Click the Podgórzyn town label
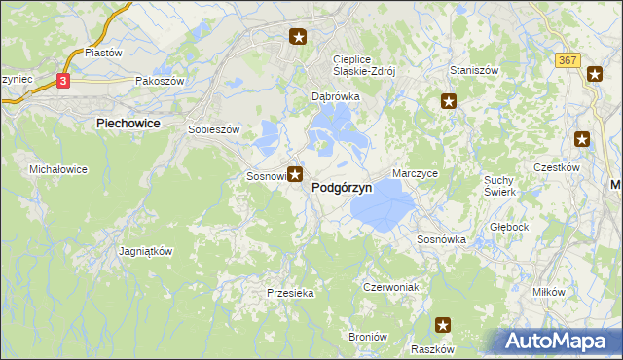pyautogui.click(x=341, y=190)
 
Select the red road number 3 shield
pyautogui.click(x=63, y=82)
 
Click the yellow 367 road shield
pyautogui.click(x=568, y=60)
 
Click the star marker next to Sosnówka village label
pyautogui.click(x=294, y=175)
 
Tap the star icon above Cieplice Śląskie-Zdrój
pyautogui.click(x=298, y=38)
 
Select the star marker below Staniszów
pyautogui.click(x=449, y=100)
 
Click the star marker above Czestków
pyautogui.click(x=583, y=139)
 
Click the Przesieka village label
pyautogui.click(x=288, y=292)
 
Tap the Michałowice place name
pyautogui.click(x=58, y=169)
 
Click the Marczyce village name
pyautogui.click(x=416, y=173)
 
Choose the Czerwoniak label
pyautogui.click(x=389, y=287)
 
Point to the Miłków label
pyautogui.click(x=549, y=292)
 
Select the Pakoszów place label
pyautogui.click(x=161, y=82)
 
